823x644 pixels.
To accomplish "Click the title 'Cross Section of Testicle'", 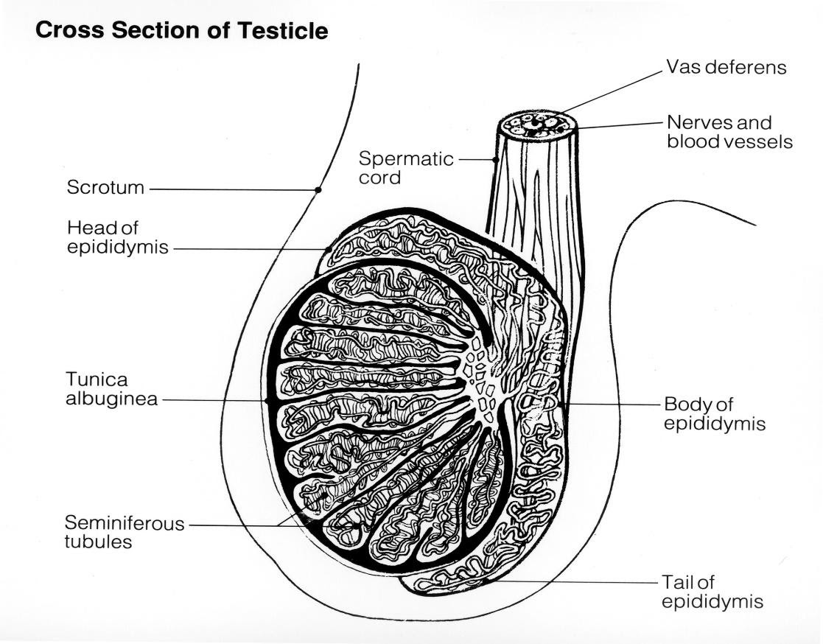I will click(x=181, y=32).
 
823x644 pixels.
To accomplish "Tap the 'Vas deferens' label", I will click(x=726, y=68).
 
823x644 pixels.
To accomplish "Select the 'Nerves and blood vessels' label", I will click(x=729, y=131).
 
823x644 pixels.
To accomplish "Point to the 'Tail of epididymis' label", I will click(x=711, y=592).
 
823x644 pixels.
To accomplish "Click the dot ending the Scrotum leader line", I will click(x=318, y=189).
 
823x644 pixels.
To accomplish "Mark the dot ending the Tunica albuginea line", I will click(x=267, y=400).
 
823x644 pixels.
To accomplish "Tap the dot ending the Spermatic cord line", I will click(x=496, y=159).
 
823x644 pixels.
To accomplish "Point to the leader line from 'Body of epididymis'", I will click(x=612, y=405).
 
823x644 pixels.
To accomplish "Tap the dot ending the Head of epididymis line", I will click(x=328, y=250).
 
